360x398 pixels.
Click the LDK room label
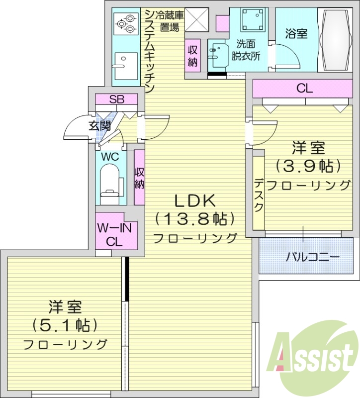(193, 201)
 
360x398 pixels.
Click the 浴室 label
(296, 34)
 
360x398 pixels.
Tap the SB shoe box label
(117, 99)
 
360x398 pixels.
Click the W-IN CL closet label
(114, 236)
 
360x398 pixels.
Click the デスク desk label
(259, 195)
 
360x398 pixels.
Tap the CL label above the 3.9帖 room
(304, 89)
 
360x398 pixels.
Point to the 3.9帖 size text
(308, 165)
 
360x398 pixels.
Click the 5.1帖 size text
(65, 325)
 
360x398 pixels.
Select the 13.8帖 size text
(194, 218)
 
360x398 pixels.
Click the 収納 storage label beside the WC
(140, 178)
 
